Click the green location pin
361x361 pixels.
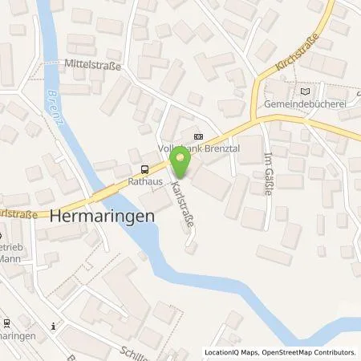tap(181, 164)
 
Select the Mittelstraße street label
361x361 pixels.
tap(93, 67)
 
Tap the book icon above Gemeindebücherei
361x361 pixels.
tap(303, 91)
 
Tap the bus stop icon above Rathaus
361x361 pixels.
tap(144, 168)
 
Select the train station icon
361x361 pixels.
tap(6, 324)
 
